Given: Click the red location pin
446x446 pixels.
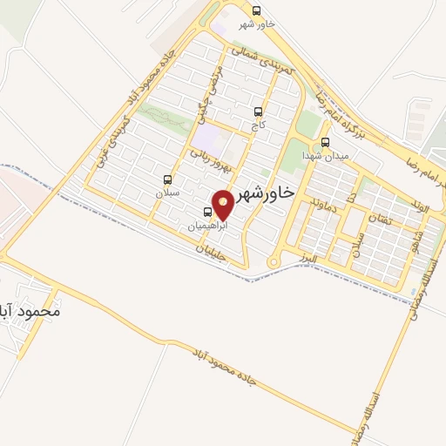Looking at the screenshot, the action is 224,203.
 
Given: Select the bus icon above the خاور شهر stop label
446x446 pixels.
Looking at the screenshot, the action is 256,10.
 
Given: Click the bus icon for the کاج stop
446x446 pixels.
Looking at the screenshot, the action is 257,111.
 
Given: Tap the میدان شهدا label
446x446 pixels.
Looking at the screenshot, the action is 325,155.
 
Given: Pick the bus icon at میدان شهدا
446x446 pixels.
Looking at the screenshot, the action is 325,142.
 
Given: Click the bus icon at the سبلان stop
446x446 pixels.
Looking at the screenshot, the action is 167,179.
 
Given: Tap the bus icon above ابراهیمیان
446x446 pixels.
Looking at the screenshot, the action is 207,212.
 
